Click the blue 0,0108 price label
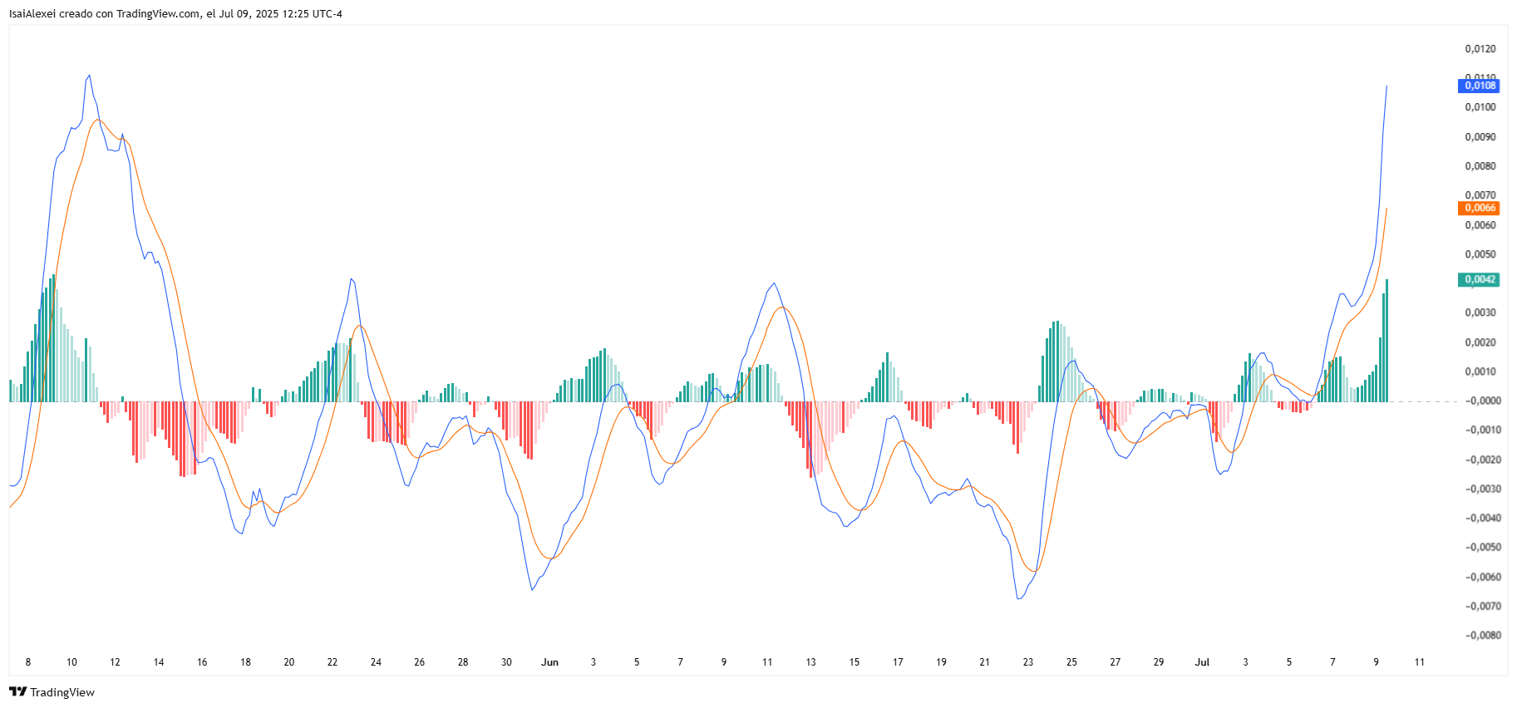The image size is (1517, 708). coord(1479,86)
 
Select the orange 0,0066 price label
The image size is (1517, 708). coord(1479,208)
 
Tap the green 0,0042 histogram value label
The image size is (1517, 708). coord(1479,279)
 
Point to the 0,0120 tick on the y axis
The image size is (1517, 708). coord(1480,49)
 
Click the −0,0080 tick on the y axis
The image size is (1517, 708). coord(1483,636)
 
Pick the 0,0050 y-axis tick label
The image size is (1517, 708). coord(1480,254)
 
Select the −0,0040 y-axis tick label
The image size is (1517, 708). coord(1483,519)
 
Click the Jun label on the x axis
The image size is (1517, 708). coord(549,662)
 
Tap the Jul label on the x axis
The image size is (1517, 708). coord(1202,662)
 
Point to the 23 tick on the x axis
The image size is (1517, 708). coord(1028,662)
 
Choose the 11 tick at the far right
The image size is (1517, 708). coord(1420,662)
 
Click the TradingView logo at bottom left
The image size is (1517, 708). coord(52,692)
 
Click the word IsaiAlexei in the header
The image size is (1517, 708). coord(32,13)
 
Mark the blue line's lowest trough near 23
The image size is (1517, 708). coord(1019,598)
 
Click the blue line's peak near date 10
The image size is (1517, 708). coord(89,75)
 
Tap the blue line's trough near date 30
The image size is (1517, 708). coord(532,590)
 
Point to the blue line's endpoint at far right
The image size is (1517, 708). coord(1386,86)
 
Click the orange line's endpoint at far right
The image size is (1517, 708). coord(1386,208)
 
